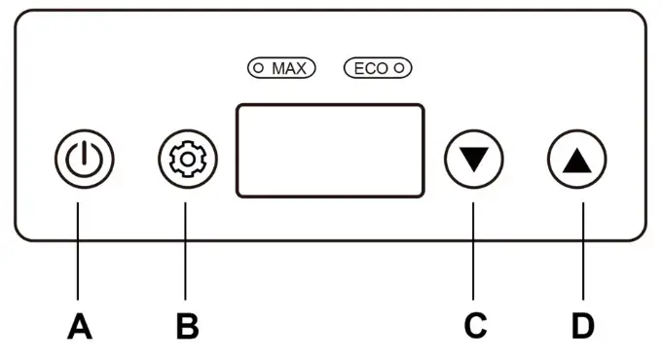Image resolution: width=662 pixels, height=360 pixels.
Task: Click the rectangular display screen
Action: [330, 151]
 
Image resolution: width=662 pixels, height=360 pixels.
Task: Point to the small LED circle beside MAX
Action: [259, 69]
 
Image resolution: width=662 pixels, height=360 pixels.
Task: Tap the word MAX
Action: [289, 69]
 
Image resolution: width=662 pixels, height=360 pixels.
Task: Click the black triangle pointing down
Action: [474, 158]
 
